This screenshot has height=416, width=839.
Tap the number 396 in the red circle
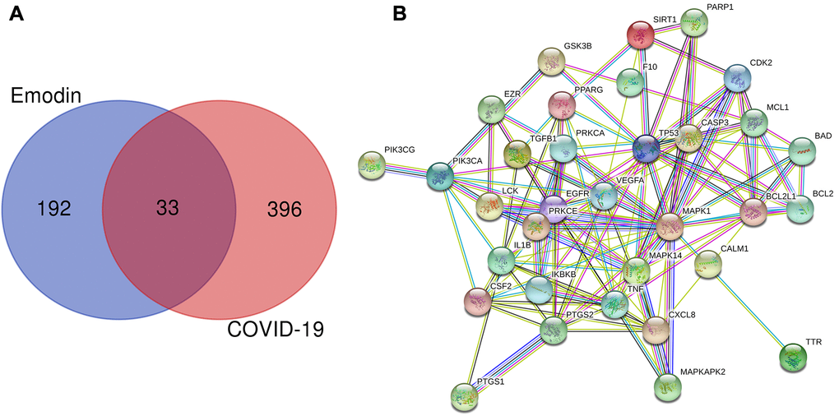(285, 209)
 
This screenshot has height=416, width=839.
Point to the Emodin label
(46, 96)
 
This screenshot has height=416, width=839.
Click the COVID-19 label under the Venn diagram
(276, 328)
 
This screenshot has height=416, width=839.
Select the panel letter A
(16, 12)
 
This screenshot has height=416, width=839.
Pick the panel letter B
(400, 13)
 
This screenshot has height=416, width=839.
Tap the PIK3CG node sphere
(372, 165)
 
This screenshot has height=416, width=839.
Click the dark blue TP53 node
(647, 149)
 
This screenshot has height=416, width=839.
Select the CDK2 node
(737, 79)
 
